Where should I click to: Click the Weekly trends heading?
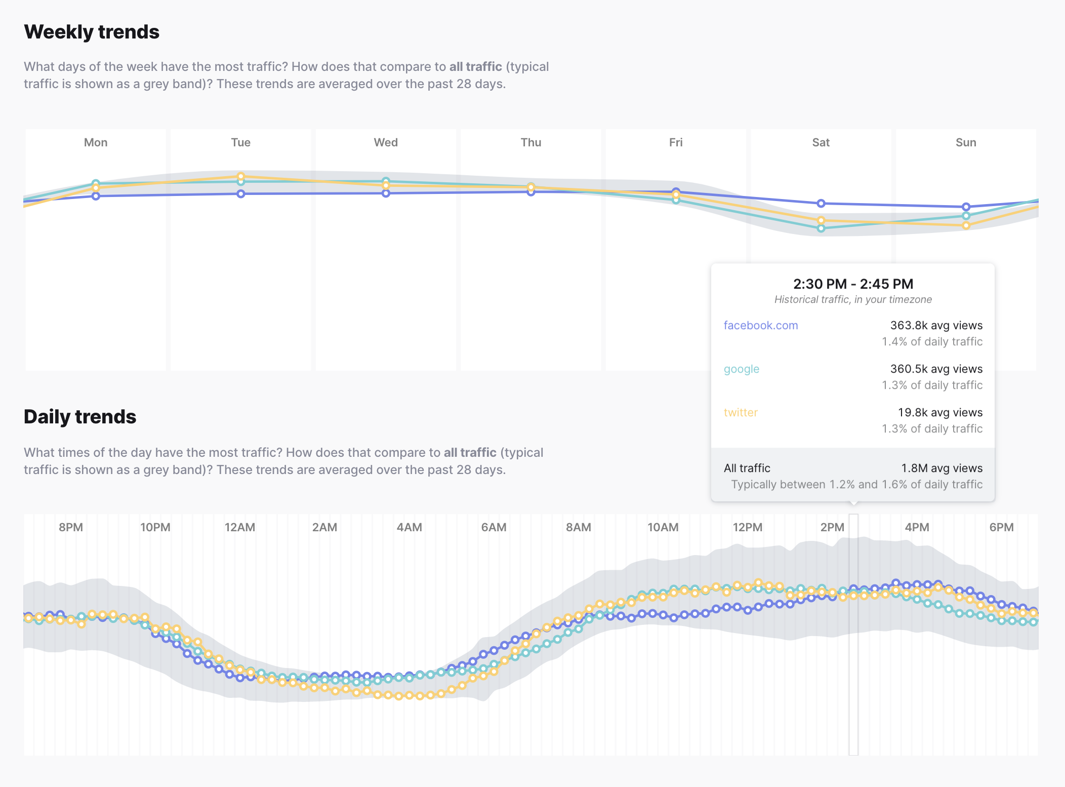tap(92, 32)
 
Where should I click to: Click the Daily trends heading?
tap(80, 417)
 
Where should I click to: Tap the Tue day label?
tap(240, 142)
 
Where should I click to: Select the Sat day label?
tap(821, 142)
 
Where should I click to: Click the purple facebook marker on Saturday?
tap(821, 203)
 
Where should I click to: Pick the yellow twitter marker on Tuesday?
tap(241, 176)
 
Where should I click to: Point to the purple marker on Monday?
tap(96, 196)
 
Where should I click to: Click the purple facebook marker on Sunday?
tap(966, 207)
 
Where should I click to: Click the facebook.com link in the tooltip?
tap(760, 325)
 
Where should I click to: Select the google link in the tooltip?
tap(741, 369)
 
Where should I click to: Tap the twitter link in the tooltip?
tap(741, 412)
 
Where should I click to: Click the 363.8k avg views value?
tap(936, 325)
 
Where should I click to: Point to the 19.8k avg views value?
tap(939, 412)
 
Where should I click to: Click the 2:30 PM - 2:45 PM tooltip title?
tap(853, 284)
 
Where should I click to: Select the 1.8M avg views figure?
tap(941, 468)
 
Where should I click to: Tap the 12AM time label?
tap(239, 527)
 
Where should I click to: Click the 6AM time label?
tap(494, 527)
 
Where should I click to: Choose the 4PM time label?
tap(917, 527)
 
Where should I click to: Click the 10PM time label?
tap(155, 527)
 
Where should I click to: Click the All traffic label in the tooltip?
tap(747, 468)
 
